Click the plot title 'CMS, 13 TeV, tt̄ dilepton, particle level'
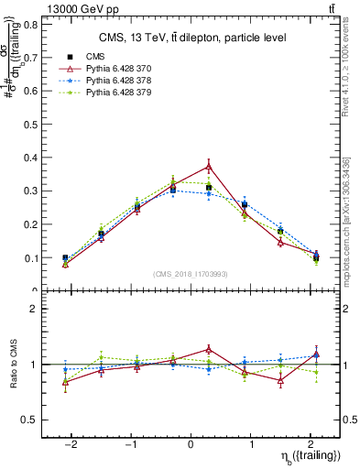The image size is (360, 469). click(192, 38)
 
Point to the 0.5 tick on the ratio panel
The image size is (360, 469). click(30, 420)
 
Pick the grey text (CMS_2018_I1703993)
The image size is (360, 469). click(191, 275)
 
